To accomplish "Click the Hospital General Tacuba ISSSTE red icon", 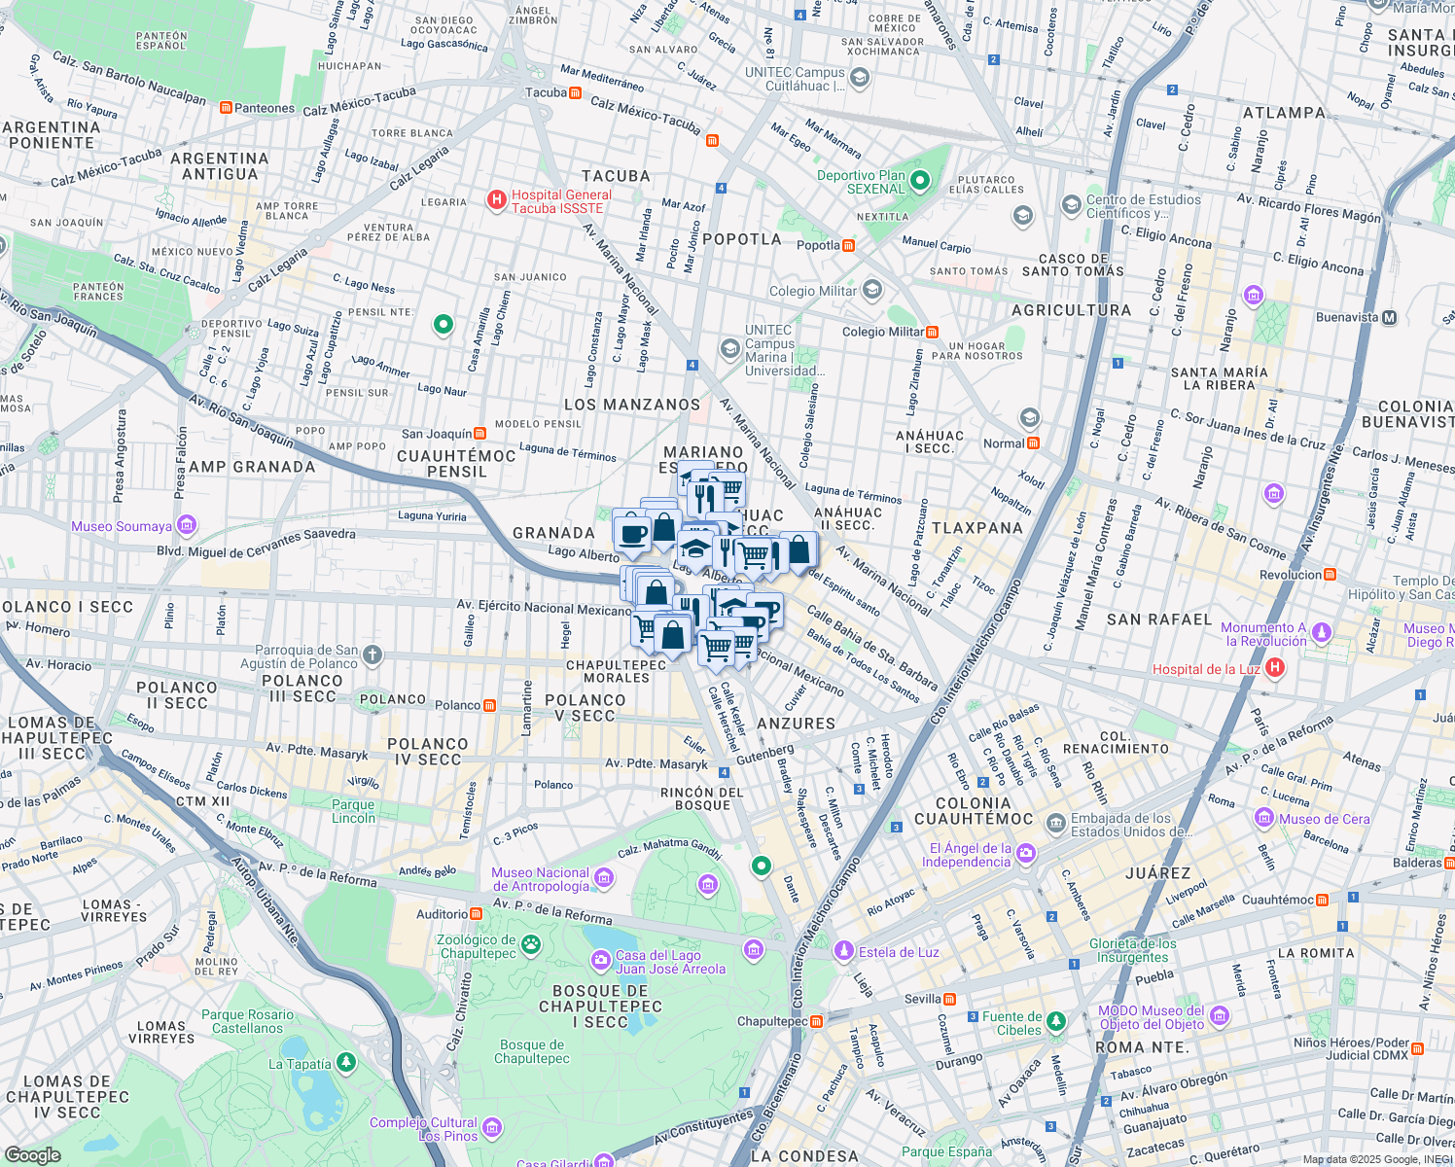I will [496, 200].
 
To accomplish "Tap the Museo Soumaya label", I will [121, 526].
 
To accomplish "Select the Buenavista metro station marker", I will [1389, 317].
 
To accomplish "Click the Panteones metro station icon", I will [226, 108].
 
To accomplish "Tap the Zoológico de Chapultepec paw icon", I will [530, 944].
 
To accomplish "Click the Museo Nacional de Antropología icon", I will [604, 878].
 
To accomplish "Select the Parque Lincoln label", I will [353, 811].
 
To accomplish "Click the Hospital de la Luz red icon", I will [1275, 668].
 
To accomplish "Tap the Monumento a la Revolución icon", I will [1321, 633].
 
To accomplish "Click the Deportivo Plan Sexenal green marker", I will [920, 181].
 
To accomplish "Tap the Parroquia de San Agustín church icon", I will [373, 655].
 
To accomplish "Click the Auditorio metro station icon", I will [476, 914].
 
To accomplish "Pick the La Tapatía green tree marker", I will [345, 1063].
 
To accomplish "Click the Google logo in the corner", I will [32, 1154].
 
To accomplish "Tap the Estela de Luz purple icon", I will [843, 950].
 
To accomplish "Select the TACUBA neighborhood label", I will [616, 176].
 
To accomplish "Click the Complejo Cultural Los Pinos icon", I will [492, 1127].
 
